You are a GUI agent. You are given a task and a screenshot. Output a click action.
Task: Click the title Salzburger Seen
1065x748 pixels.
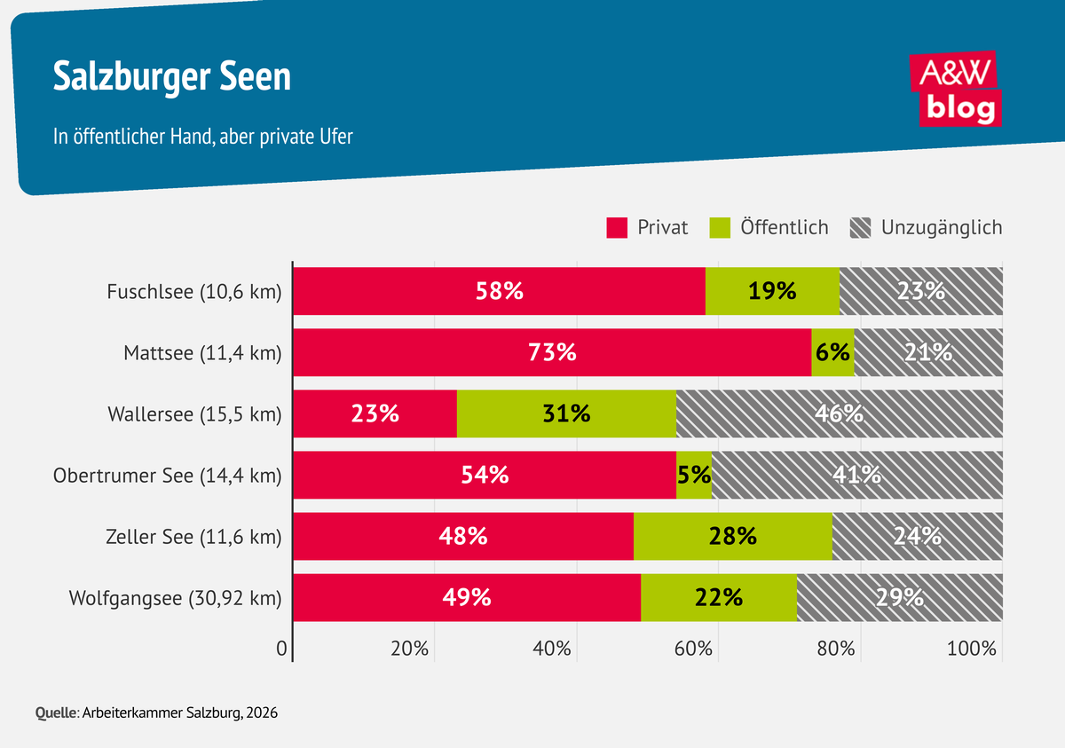[x=171, y=76]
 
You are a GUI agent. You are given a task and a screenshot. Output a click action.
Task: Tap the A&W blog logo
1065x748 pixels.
[x=956, y=89]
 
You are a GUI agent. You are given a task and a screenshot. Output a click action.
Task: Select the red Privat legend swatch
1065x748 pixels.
[x=617, y=228]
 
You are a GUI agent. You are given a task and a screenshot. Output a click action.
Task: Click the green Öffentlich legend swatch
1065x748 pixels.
[x=720, y=228]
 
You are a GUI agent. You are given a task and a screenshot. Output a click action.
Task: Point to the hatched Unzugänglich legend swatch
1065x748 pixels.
[x=860, y=228]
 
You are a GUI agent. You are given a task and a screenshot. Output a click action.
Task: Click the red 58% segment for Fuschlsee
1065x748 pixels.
[x=499, y=291]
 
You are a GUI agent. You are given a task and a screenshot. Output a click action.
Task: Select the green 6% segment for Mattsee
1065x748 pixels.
[x=833, y=352]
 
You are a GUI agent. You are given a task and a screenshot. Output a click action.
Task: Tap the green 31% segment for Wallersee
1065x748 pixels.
[x=566, y=413]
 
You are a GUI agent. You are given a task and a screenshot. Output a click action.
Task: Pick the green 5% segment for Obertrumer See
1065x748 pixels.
[x=694, y=475]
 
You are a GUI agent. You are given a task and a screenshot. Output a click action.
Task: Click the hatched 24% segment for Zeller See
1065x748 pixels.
[x=918, y=536]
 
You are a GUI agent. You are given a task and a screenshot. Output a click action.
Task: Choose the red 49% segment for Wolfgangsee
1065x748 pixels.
[x=467, y=597]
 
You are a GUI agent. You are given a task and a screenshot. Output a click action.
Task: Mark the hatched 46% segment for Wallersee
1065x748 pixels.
[x=840, y=413]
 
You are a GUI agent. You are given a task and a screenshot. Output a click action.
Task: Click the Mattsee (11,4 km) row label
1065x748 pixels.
[x=202, y=353]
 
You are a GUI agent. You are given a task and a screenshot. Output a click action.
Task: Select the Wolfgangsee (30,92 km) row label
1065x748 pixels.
[x=176, y=598]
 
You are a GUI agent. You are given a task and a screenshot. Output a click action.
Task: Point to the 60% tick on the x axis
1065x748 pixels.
[x=693, y=649]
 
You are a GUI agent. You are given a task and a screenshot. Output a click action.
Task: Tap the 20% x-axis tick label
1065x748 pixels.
[x=409, y=649]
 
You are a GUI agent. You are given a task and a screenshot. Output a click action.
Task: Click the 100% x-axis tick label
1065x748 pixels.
[x=971, y=649]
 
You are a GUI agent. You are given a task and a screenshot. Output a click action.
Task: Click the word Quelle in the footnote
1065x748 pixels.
[x=56, y=713]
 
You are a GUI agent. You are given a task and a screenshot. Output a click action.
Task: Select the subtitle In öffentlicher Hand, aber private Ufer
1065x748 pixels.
[x=203, y=137]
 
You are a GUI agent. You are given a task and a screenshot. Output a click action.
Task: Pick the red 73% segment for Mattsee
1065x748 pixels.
[x=552, y=352]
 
